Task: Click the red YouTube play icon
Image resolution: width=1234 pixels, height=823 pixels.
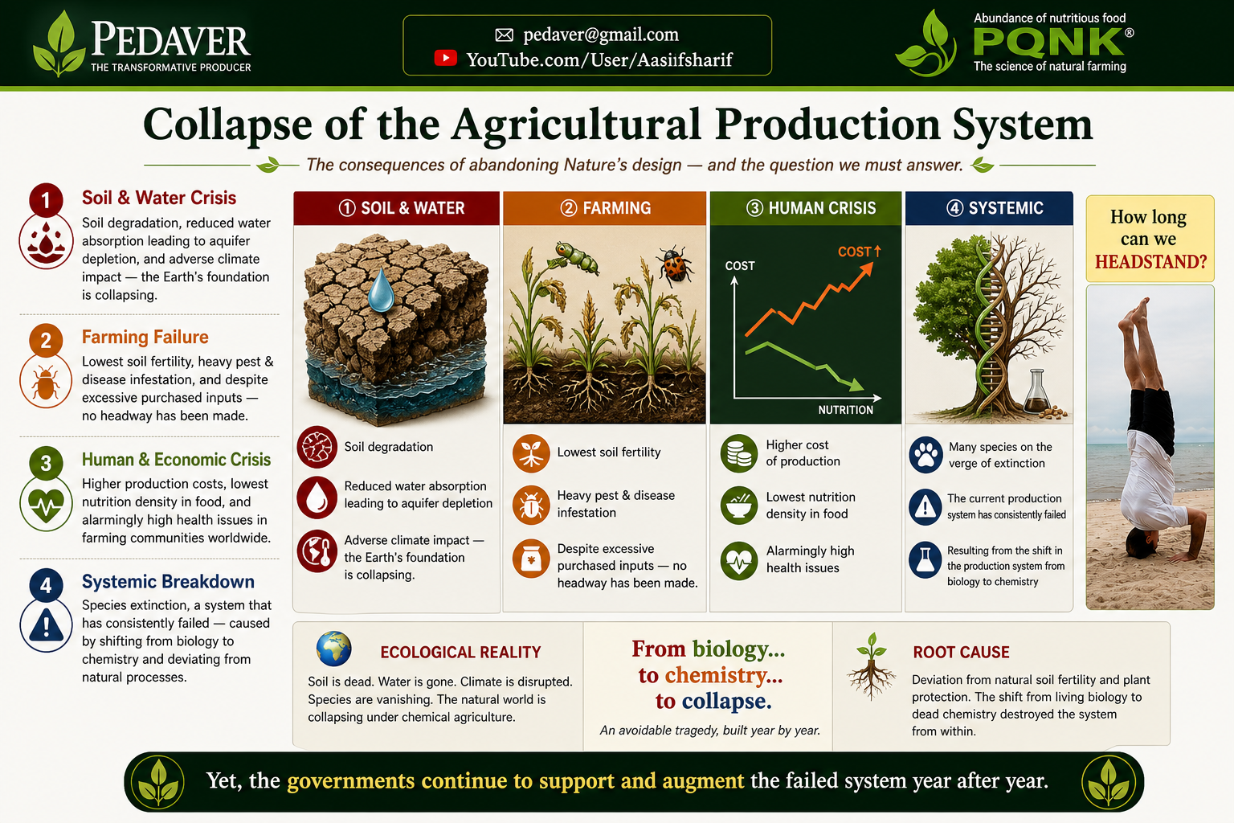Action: pyautogui.click(x=445, y=58)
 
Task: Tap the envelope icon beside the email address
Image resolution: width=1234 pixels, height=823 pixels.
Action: pyautogui.click(x=504, y=35)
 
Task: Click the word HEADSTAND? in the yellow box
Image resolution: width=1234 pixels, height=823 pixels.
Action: pyautogui.click(x=1150, y=261)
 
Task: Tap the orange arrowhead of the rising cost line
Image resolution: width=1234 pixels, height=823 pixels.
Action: pyautogui.click(x=867, y=269)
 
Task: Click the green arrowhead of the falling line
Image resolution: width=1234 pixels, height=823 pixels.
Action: pyautogui.click(x=856, y=385)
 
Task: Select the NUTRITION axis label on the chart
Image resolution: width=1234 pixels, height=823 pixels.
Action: pyautogui.click(x=846, y=410)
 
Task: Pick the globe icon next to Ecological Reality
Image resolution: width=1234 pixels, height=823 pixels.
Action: pyautogui.click(x=334, y=649)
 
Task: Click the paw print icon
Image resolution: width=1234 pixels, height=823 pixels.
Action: pyautogui.click(x=925, y=455)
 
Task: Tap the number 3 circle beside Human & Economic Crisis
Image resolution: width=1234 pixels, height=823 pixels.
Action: pyautogui.click(x=46, y=462)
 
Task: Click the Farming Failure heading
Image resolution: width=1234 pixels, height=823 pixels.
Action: pyautogui.click(x=145, y=337)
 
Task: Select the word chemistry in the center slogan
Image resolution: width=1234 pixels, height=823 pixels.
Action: pyautogui.click(x=724, y=675)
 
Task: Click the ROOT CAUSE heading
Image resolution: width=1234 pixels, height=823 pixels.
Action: pyautogui.click(x=961, y=652)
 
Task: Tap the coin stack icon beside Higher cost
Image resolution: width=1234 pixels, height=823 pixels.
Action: pyautogui.click(x=739, y=453)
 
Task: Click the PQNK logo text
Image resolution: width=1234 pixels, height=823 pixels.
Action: pyautogui.click(x=1048, y=42)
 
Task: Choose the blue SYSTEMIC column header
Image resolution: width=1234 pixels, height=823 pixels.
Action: pyautogui.click(x=990, y=208)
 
